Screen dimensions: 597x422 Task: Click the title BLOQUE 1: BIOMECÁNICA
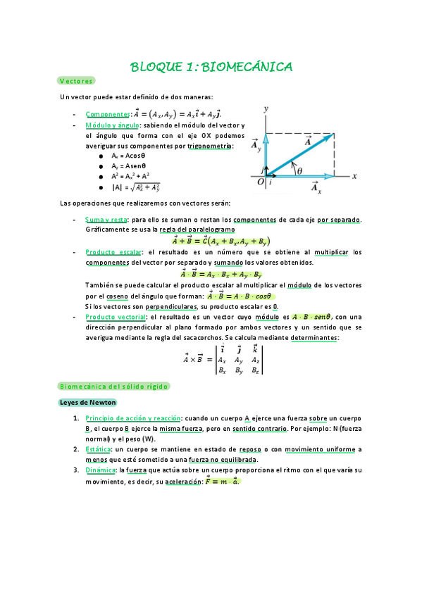211,67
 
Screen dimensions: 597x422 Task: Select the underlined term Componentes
107,113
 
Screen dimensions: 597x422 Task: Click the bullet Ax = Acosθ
128,155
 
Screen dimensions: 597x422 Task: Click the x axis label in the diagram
355,176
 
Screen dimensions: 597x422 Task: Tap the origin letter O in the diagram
260,182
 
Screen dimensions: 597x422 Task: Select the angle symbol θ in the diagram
299,170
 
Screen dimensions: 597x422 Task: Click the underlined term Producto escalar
112,251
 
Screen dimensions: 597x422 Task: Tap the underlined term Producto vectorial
115,317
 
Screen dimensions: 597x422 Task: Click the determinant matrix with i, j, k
240,359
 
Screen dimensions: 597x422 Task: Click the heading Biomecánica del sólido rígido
113,387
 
